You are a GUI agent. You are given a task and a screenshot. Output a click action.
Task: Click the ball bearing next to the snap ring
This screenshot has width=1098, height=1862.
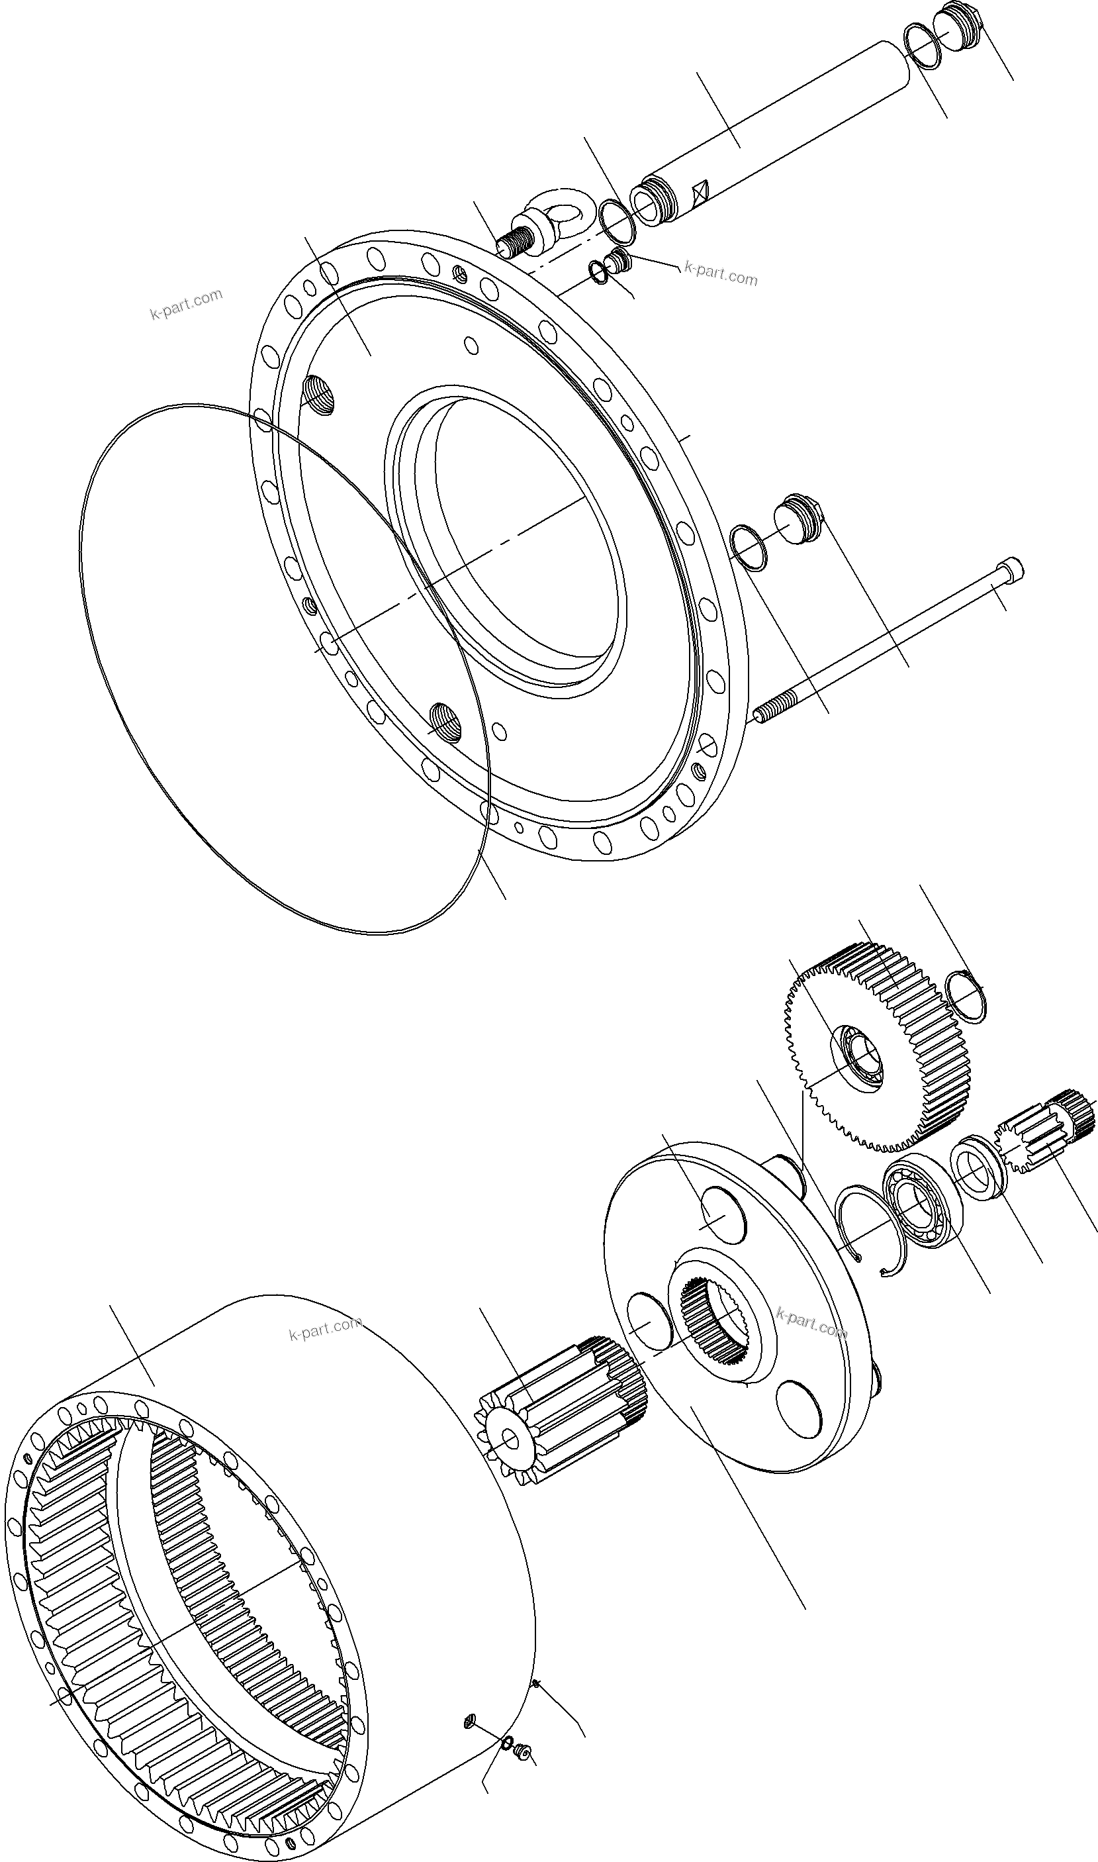pyautogui.click(x=921, y=1207)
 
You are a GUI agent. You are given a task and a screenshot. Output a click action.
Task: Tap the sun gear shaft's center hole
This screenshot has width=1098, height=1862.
pyautogui.click(x=510, y=1439)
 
